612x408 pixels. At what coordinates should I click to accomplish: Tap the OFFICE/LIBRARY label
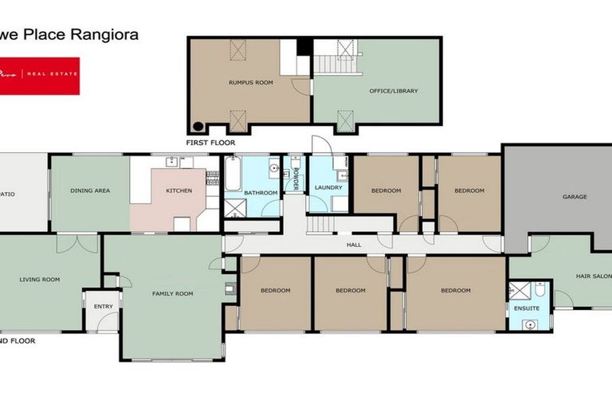tap(394, 91)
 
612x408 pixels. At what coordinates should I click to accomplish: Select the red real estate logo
tap(40, 76)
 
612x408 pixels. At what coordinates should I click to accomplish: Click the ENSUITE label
tap(527, 308)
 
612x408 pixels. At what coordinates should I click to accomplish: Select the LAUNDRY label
tap(328, 187)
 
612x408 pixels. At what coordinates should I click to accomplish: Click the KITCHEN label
tap(178, 191)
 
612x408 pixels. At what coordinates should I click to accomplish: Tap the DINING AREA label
tap(90, 190)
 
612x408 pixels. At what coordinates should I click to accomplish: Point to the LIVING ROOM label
tap(40, 280)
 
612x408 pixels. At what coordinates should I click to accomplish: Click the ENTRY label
tap(103, 306)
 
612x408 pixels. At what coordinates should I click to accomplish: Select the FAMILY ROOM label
tap(173, 293)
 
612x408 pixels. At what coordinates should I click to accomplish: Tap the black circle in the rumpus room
tap(198, 126)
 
